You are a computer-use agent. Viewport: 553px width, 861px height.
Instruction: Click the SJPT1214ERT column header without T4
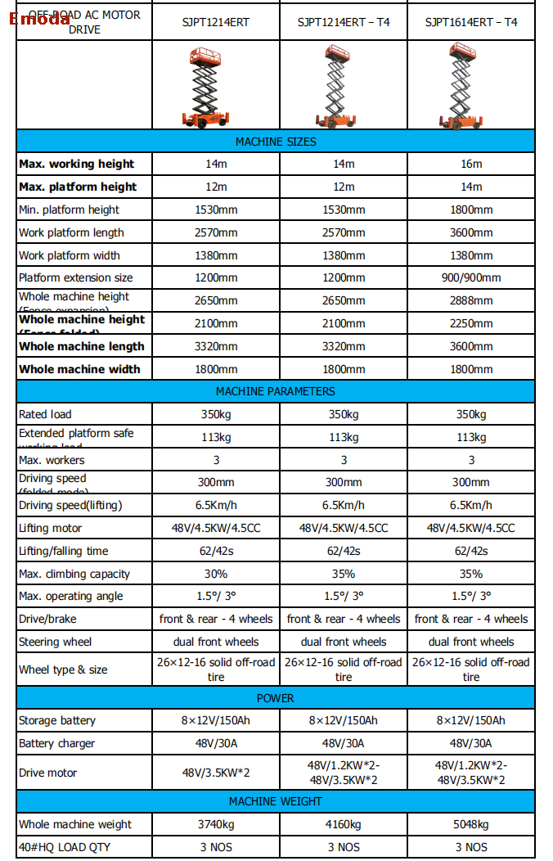tap(216, 22)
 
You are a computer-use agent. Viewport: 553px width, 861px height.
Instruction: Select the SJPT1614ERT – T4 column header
tap(471, 22)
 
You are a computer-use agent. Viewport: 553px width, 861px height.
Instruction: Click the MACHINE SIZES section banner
tap(276, 142)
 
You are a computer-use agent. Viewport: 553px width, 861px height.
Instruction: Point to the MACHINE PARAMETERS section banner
tap(276, 391)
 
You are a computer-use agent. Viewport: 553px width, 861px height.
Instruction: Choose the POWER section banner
tap(276, 698)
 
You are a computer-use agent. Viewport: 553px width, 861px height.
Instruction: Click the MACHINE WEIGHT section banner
tap(276, 801)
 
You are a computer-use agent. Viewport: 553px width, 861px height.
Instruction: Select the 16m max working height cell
tap(471, 164)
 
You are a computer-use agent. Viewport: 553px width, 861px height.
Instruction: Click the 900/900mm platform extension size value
tap(471, 277)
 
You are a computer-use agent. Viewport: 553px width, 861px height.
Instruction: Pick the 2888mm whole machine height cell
tap(471, 300)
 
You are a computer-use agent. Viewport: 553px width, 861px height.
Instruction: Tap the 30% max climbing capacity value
tap(216, 574)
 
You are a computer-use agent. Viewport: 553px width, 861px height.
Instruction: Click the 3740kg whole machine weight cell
tap(216, 824)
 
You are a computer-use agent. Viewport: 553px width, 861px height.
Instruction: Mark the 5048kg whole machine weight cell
tap(471, 824)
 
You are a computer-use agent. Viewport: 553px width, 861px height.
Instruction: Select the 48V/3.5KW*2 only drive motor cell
tap(216, 773)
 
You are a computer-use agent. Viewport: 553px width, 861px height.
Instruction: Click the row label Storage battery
tap(57, 720)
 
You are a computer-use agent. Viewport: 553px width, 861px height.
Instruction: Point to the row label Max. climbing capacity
tap(74, 574)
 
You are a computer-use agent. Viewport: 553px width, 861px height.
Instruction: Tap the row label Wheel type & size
tap(63, 669)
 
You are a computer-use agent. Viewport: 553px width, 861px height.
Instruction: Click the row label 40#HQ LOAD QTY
tap(64, 847)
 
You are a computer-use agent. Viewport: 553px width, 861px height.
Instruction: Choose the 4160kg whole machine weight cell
tap(344, 824)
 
